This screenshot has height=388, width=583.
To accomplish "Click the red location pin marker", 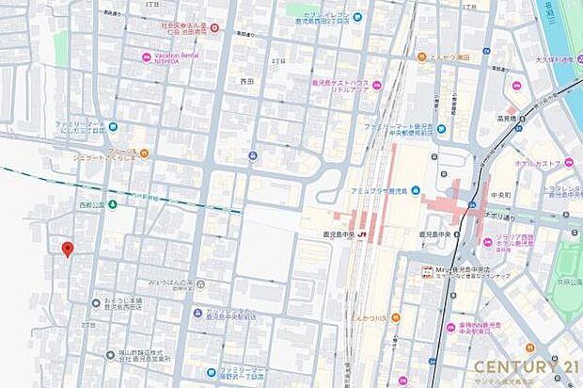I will click(67, 249).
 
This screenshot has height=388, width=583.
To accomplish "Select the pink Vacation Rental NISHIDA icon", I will click(146, 57).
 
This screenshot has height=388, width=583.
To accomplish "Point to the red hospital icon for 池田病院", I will click(214, 28).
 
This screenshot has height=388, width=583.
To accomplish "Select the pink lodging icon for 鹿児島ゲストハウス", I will click(376, 85).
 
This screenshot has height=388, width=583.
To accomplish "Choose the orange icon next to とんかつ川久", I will click(395, 317).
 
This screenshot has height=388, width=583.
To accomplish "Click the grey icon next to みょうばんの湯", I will click(200, 283).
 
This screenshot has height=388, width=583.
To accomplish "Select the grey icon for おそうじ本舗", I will click(96, 302).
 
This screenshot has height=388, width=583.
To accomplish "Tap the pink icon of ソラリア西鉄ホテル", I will click(487, 242).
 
